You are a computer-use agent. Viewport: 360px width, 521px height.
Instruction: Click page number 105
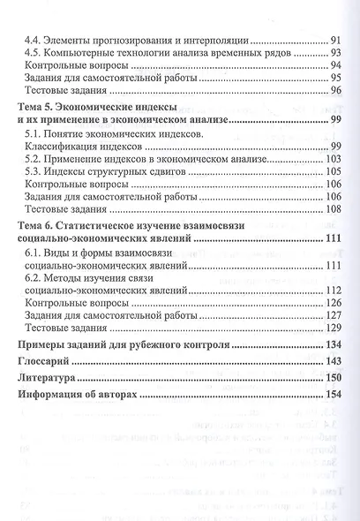click(x=334, y=171)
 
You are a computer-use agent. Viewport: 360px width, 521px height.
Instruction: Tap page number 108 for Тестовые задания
click(x=334, y=209)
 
